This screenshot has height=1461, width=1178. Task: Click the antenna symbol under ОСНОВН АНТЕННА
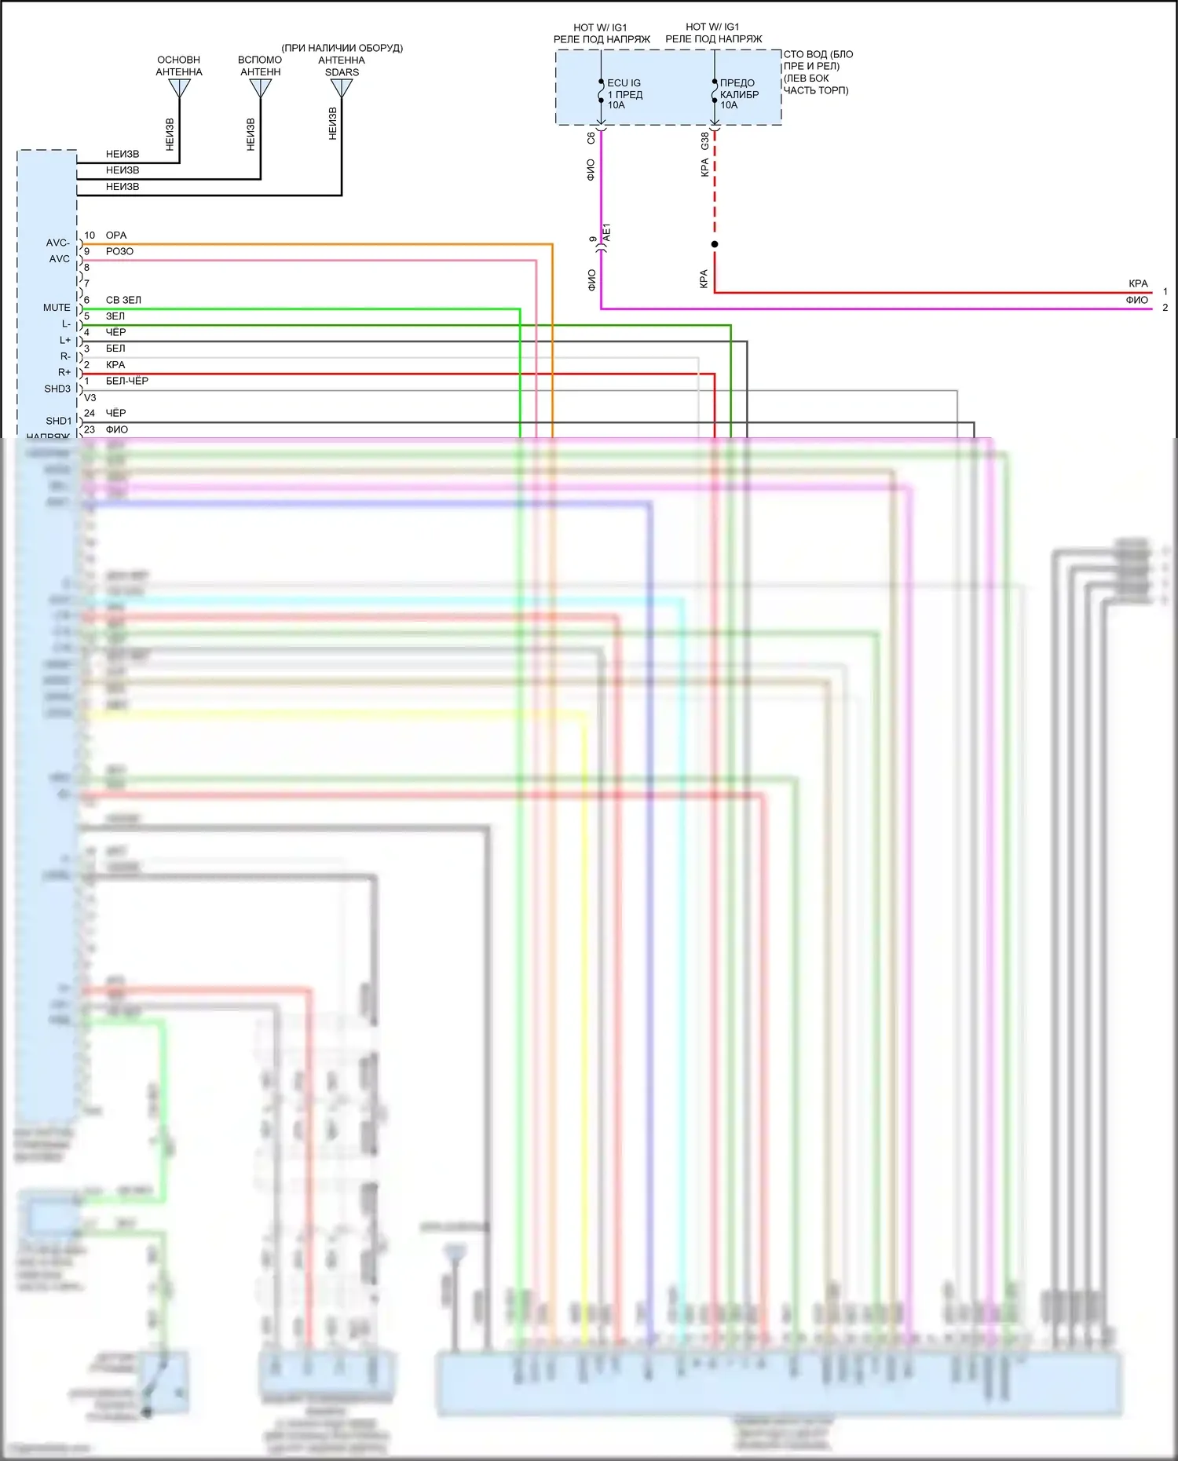(179, 89)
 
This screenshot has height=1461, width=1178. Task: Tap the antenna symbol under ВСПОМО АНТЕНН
(260, 89)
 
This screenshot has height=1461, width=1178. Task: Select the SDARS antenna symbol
(342, 89)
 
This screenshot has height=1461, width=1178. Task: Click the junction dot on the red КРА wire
(715, 244)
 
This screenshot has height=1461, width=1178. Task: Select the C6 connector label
(591, 137)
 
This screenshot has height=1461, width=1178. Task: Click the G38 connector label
(705, 141)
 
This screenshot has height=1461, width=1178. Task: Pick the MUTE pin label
(57, 308)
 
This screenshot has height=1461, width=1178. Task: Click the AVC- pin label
(57, 243)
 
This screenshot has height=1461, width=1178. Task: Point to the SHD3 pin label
(57, 389)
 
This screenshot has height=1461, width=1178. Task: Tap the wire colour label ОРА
(116, 236)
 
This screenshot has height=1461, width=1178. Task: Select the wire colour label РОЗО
(119, 251)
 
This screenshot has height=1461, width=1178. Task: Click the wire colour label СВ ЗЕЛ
(123, 300)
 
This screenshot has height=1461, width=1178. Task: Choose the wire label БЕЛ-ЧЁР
(127, 381)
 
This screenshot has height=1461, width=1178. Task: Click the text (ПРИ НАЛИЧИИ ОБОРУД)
(342, 48)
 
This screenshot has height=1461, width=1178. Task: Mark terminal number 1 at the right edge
(1165, 291)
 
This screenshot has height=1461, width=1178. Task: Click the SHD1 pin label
(58, 421)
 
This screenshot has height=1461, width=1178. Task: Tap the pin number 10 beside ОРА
(90, 236)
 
